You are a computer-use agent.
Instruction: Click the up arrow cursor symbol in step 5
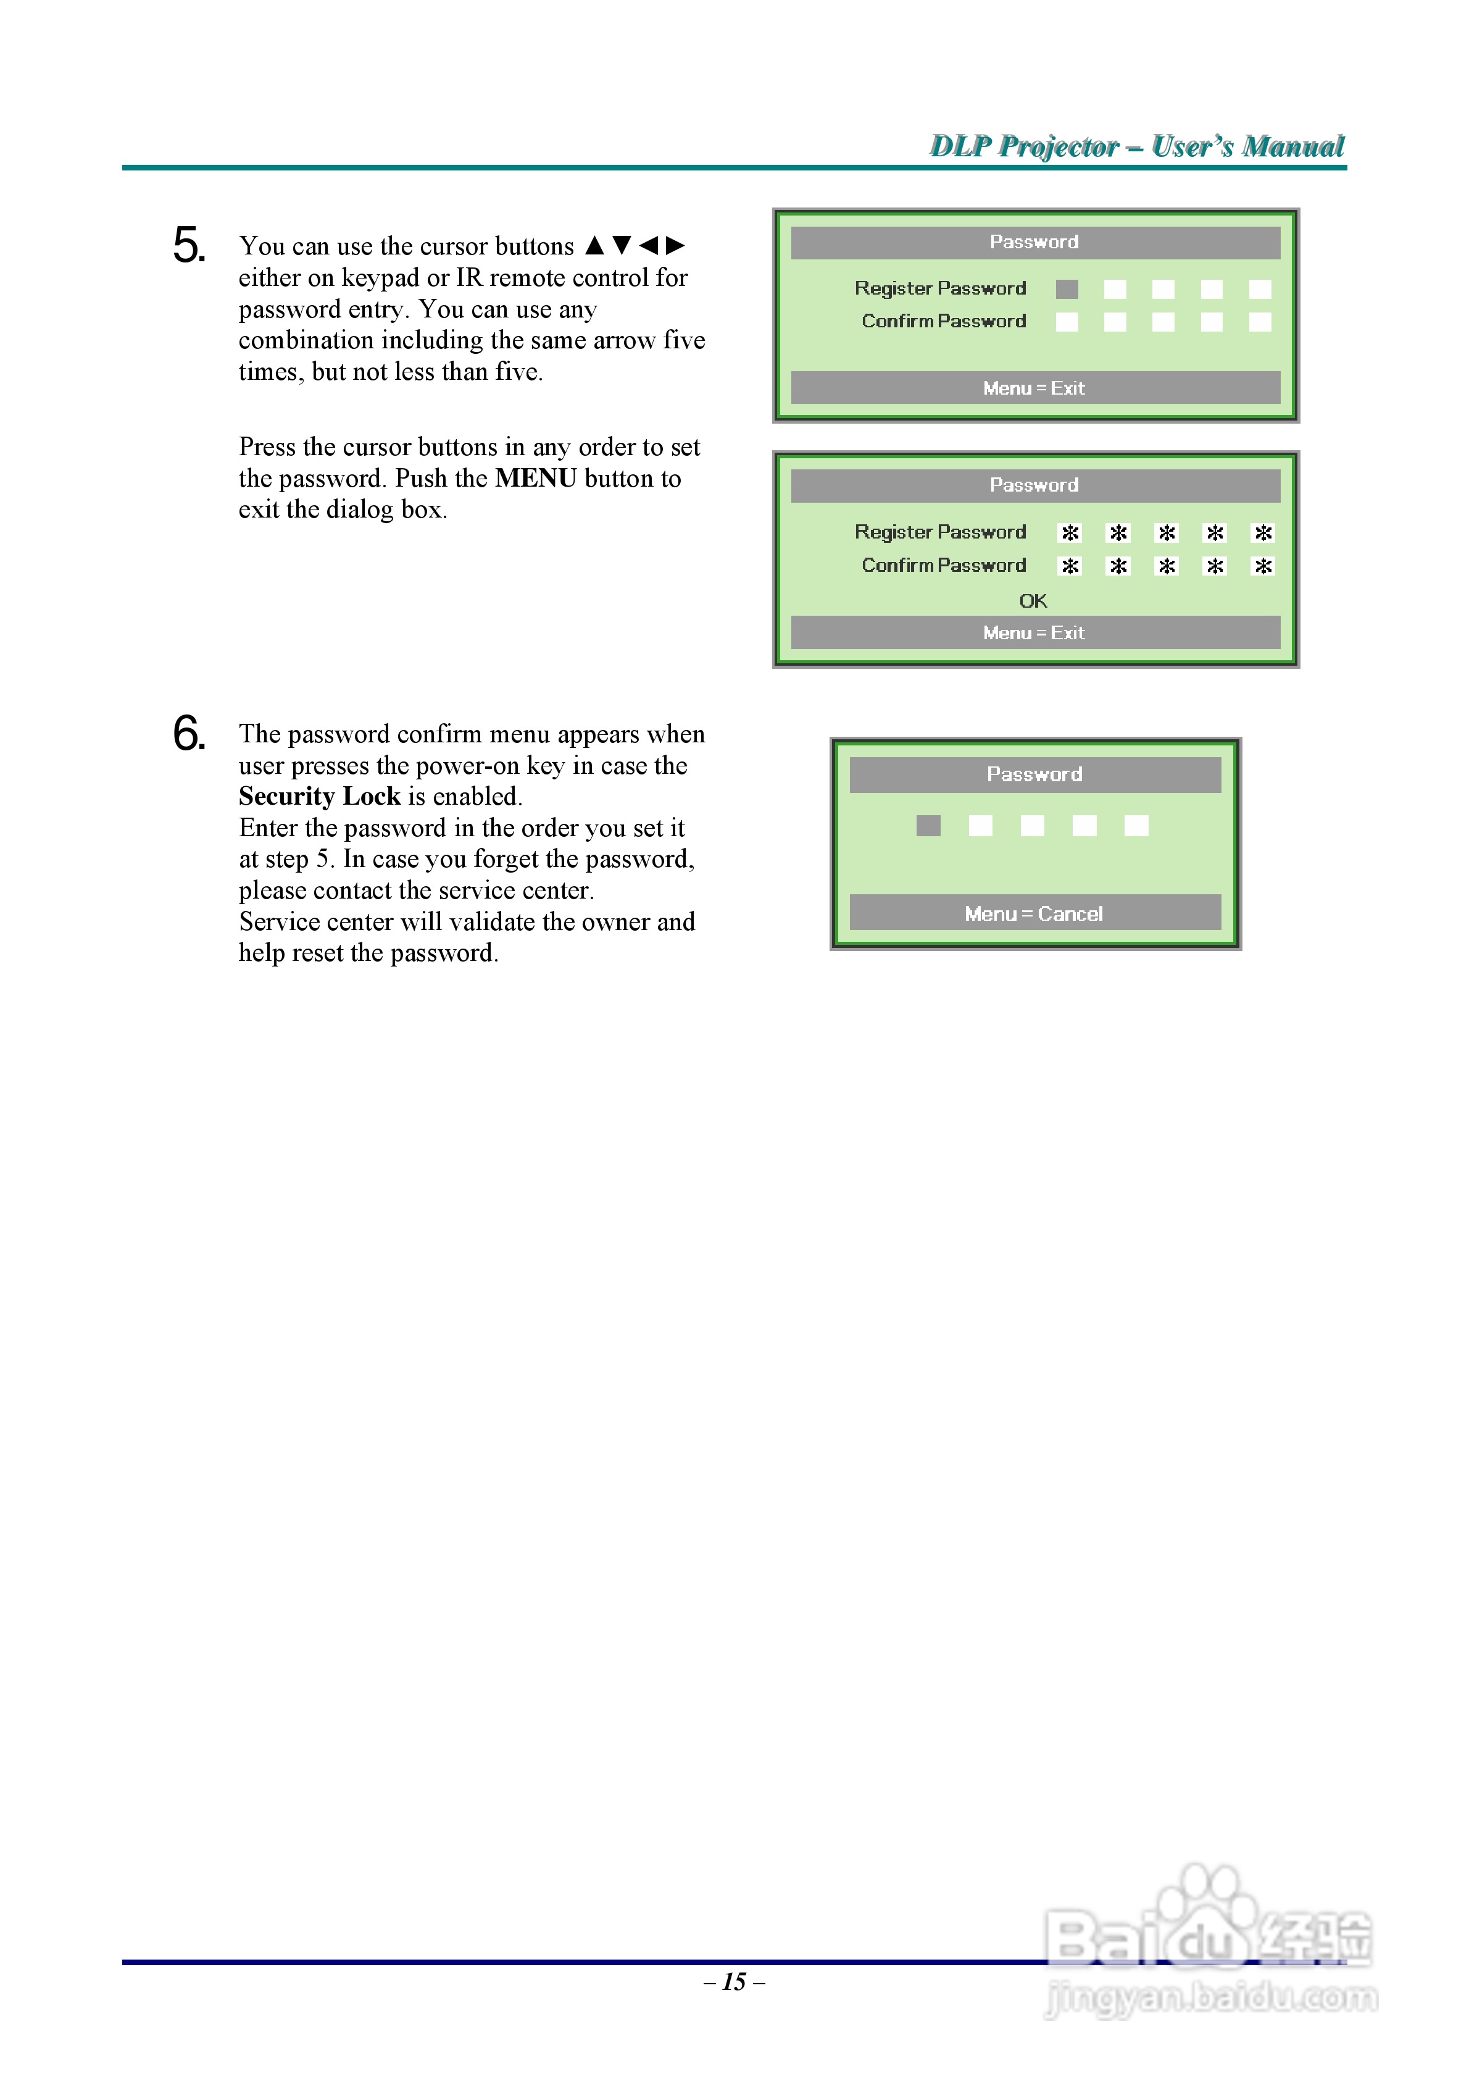pyautogui.click(x=594, y=246)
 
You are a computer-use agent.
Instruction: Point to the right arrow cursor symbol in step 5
pyautogui.click(x=675, y=246)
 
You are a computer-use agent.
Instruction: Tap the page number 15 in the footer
pyautogui.click(x=734, y=1981)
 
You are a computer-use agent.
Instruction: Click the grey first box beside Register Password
pyautogui.click(x=1067, y=289)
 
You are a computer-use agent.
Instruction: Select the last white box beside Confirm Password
pyautogui.click(x=1260, y=322)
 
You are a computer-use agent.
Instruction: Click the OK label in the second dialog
pyautogui.click(x=1033, y=601)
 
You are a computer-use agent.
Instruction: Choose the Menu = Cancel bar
pyautogui.click(x=1034, y=913)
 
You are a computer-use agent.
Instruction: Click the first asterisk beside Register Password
pyautogui.click(x=1070, y=533)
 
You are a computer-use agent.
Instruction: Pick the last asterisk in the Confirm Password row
pyautogui.click(x=1262, y=566)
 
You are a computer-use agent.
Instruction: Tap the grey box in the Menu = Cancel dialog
pyautogui.click(x=928, y=825)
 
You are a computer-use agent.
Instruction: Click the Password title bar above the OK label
pyautogui.click(x=1034, y=485)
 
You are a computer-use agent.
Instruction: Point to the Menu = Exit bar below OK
pyautogui.click(x=1034, y=632)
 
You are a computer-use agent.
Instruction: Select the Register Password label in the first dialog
pyautogui.click(x=940, y=288)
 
